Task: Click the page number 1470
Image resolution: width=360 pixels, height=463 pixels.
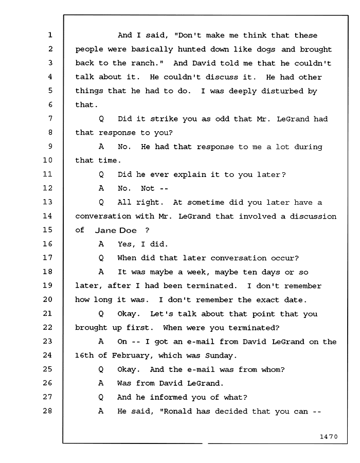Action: (x=329, y=436)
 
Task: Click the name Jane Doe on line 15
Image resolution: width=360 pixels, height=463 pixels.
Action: (x=116, y=230)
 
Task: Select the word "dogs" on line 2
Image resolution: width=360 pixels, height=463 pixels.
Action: (x=266, y=49)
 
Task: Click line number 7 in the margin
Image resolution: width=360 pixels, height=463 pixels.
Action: (x=50, y=118)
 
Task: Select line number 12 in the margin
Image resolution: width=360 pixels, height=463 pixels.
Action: (x=47, y=188)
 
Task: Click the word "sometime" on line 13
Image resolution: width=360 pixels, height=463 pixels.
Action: (x=206, y=203)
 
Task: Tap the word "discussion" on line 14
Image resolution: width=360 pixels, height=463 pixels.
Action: (x=313, y=217)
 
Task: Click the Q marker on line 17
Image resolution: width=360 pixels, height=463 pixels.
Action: (x=101, y=258)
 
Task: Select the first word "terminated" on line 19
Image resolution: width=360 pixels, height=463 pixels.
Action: (x=212, y=286)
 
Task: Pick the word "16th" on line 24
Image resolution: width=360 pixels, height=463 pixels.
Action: (x=84, y=355)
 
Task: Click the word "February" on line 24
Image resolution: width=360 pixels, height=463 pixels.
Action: (x=132, y=356)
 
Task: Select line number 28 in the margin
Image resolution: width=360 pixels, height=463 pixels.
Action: (x=47, y=411)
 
